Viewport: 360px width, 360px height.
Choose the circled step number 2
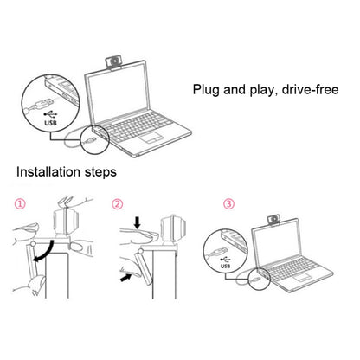point(117,206)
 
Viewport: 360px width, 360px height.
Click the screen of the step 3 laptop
point(279,250)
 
